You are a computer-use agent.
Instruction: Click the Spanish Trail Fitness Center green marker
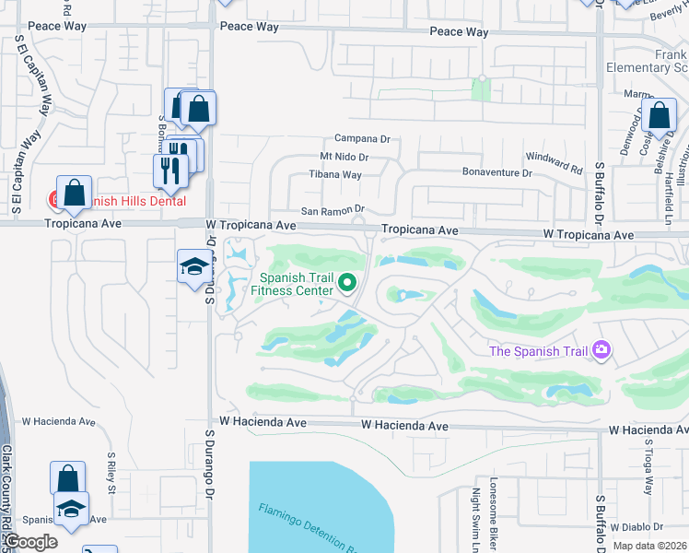click(x=347, y=283)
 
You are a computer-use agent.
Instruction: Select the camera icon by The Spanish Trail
click(x=602, y=349)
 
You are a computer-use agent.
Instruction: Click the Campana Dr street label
click(x=363, y=138)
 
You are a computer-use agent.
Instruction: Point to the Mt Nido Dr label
click(x=344, y=158)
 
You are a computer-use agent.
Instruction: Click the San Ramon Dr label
click(x=329, y=210)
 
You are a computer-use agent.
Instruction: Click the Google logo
click(x=31, y=542)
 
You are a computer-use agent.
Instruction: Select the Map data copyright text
click(x=650, y=546)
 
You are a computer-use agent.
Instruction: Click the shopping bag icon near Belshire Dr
click(x=660, y=116)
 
